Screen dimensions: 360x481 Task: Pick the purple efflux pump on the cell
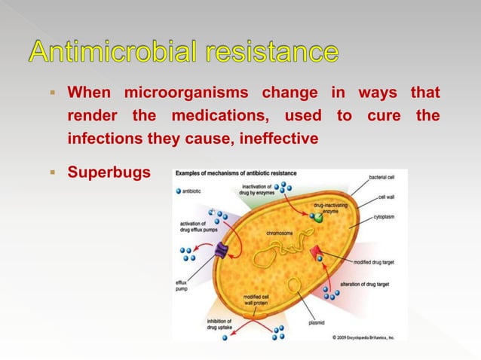pyautogui.click(x=221, y=251)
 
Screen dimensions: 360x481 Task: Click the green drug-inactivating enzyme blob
pyautogui.click(x=319, y=218)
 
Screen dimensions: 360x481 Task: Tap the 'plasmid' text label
pyautogui.click(x=317, y=323)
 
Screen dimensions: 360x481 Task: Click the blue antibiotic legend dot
pyautogui.click(x=179, y=191)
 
